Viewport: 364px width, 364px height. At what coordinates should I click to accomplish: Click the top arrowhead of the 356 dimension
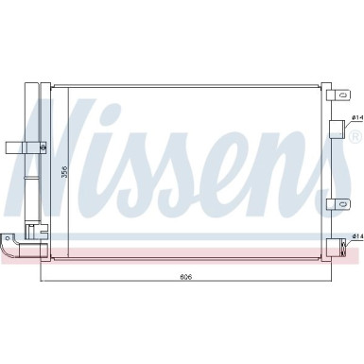point(58,87)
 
